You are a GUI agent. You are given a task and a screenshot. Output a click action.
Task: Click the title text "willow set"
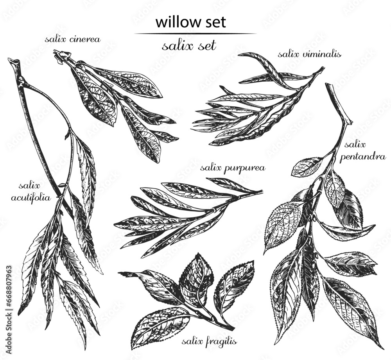[190, 22]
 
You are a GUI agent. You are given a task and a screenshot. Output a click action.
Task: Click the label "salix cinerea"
[73, 39]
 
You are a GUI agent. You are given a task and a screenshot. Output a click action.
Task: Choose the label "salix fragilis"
[209, 342]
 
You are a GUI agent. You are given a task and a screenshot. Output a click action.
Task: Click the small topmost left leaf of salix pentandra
[307, 167]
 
